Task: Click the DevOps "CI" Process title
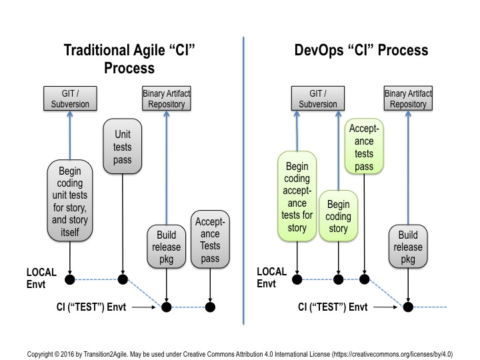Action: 361,51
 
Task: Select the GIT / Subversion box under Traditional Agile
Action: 70,99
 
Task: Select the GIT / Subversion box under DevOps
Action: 313,99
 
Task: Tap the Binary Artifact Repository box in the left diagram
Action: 166,99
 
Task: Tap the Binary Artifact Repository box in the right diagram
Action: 408,99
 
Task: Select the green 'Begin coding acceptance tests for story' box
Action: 297,199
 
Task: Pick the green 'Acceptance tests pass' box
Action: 364,147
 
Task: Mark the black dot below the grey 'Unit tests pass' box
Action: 123,279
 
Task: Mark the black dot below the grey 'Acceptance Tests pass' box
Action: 211,307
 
